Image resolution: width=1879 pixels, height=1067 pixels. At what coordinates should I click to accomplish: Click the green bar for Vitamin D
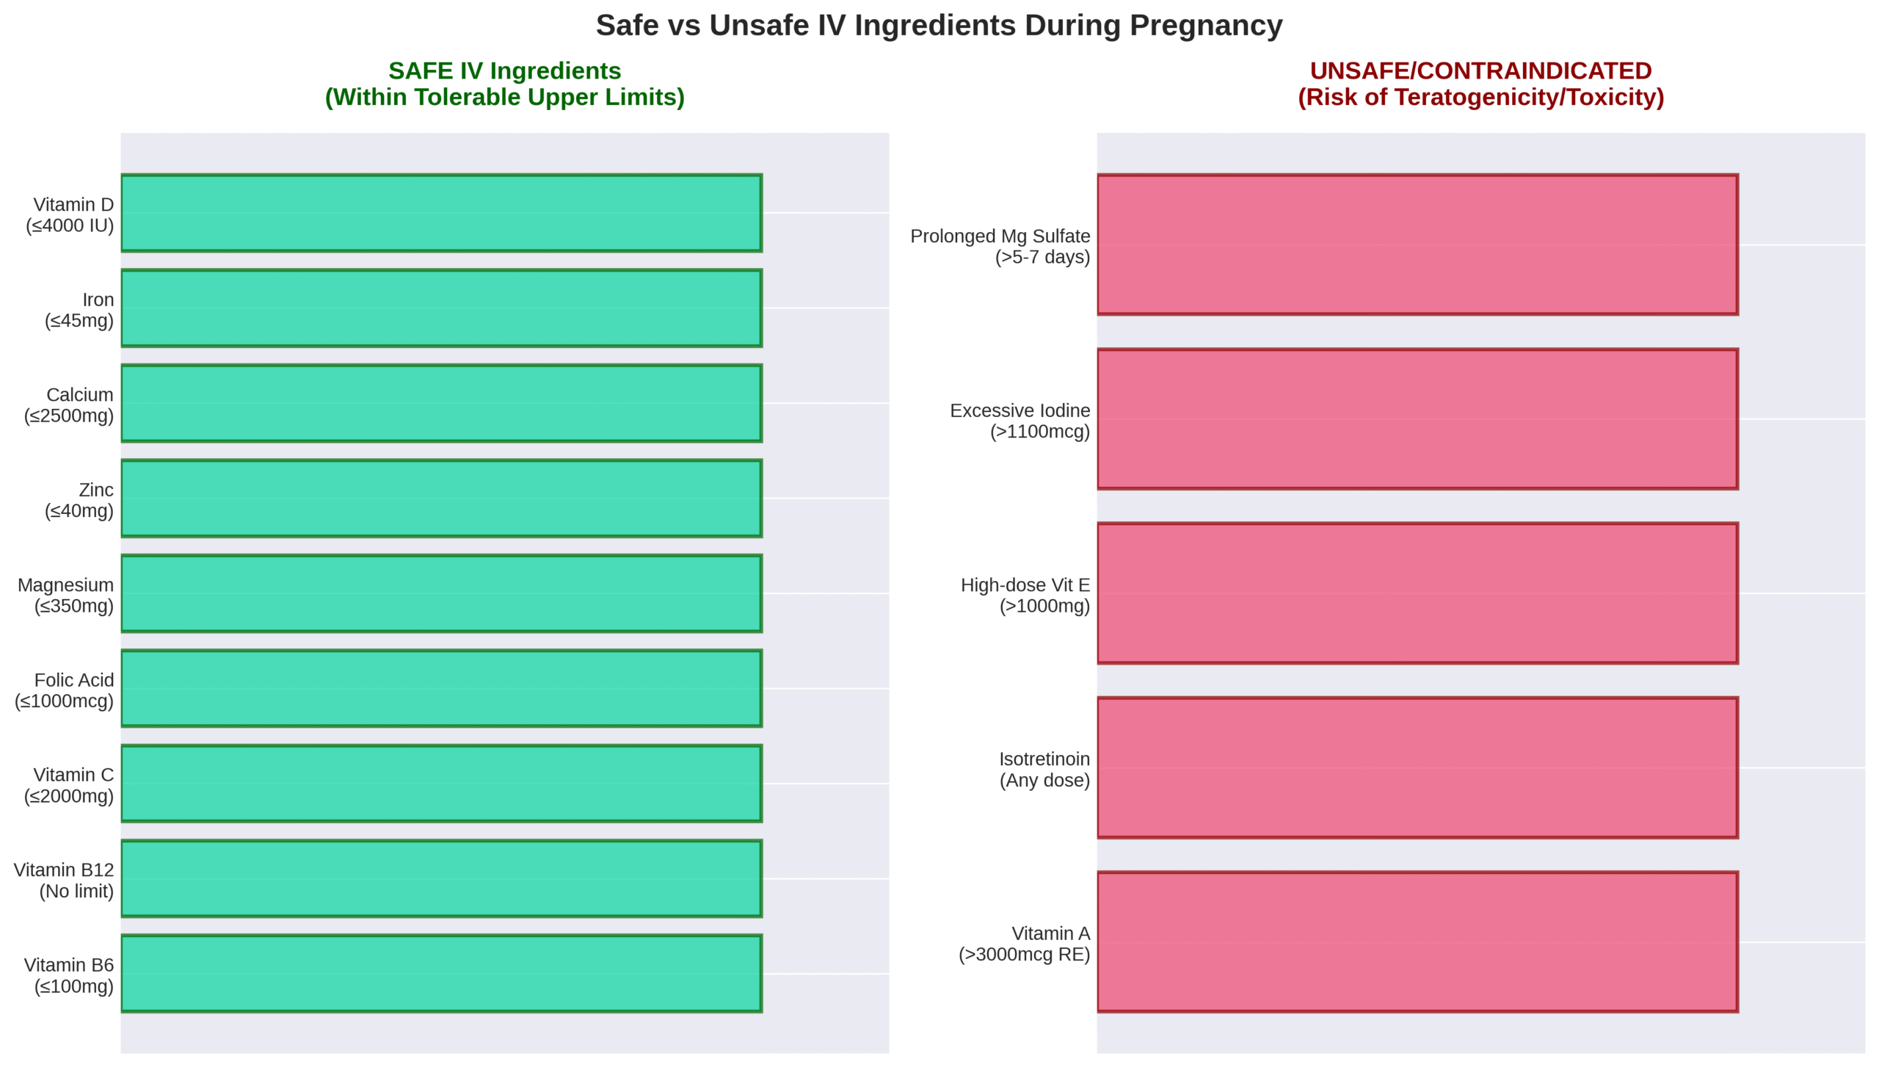[441, 213]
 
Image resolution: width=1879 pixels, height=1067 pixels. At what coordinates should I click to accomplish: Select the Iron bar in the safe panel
[441, 308]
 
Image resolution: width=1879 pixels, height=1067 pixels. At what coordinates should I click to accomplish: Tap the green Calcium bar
[441, 403]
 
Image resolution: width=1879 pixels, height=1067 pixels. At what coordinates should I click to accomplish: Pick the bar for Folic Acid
[441, 688]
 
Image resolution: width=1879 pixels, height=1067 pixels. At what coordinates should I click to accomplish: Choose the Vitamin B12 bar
[441, 878]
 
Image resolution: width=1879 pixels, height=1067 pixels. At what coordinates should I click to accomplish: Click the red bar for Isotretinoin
[1417, 767]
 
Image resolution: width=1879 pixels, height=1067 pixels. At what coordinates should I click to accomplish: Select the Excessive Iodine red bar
[1417, 419]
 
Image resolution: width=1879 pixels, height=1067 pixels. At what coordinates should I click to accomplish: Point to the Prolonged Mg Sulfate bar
[1417, 245]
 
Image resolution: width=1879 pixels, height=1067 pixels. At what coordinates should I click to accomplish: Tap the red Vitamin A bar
[1417, 941]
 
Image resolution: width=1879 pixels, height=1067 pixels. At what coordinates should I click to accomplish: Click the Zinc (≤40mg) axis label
[79, 500]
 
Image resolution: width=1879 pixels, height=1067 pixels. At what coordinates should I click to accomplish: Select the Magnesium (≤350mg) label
[66, 596]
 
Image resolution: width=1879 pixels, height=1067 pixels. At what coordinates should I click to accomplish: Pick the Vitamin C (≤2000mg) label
[69, 786]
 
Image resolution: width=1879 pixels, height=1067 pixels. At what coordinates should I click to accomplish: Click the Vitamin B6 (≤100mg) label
[69, 975]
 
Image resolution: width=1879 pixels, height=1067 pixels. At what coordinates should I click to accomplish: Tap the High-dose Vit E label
[1025, 596]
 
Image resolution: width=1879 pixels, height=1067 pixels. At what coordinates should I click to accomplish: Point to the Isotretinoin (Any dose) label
[1044, 770]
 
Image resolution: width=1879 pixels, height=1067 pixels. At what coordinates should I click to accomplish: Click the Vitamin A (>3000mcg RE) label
[1025, 944]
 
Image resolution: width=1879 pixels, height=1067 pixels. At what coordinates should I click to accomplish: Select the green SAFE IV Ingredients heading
[504, 71]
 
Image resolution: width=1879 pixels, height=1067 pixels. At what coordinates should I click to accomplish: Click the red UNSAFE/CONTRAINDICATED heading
[1480, 71]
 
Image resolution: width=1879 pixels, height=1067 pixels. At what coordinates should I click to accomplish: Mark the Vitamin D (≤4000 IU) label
[70, 215]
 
